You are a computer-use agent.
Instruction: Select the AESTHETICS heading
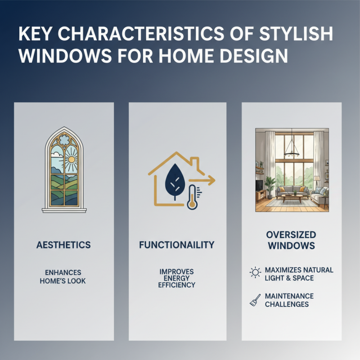point(64,245)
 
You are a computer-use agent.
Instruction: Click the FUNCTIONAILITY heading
point(176,245)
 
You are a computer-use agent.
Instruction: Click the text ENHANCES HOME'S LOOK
point(64,277)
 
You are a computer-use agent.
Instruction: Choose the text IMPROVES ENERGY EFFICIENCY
point(176,279)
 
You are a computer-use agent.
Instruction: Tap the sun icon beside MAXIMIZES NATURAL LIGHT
point(255,273)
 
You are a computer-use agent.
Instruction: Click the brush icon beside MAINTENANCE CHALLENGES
point(255,301)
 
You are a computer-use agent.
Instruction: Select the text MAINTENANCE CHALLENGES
point(289,300)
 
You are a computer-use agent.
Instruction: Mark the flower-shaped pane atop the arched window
point(63,139)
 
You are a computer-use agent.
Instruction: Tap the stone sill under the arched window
point(63,209)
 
